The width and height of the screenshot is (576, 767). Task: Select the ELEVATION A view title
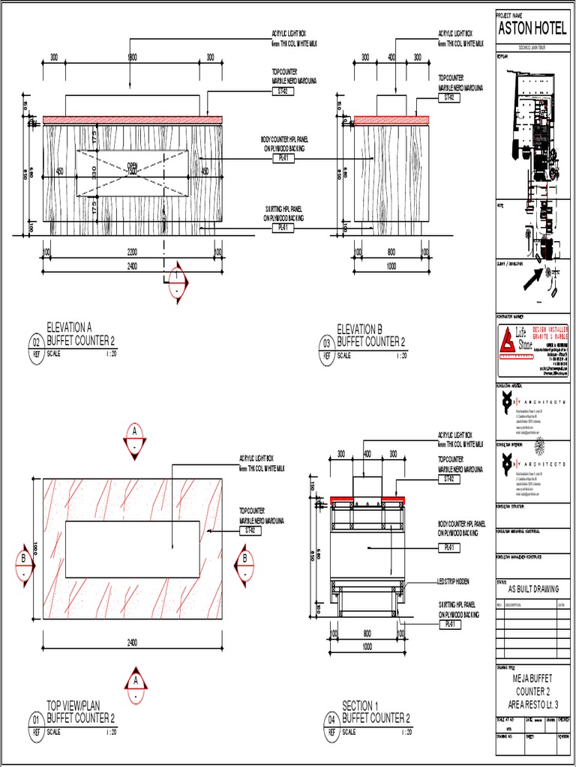coord(69,328)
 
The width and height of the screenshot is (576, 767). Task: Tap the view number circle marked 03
coord(327,343)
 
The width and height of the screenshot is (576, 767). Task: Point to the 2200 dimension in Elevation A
coord(131,253)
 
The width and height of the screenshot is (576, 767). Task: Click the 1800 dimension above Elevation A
coord(132,57)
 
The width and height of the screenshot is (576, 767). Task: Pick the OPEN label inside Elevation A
coord(133,166)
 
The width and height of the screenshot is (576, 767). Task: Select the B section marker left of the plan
coord(24,559)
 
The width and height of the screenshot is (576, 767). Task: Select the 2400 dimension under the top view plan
coord(132,642)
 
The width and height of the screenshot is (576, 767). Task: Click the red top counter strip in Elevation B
coord(391,120)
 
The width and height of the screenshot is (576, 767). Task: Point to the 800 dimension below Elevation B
coord(391,253)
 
